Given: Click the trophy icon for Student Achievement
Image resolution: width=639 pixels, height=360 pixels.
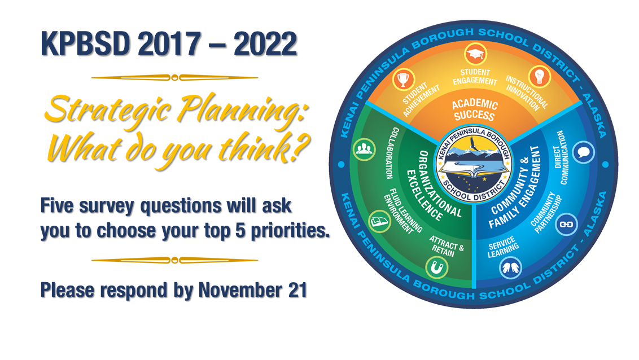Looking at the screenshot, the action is pyautogui.click(x=404, y=79).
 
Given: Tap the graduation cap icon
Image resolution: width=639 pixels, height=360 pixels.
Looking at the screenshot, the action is pyautogui.click(x=475, y=54).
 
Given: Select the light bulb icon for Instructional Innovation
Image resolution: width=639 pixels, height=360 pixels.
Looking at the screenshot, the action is pyautogui.click(x=540, y=77).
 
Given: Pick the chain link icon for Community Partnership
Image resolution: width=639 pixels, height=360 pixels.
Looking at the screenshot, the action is pyautogui.click(x=566, y=225).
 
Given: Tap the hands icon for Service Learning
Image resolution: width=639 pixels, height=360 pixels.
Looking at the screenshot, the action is pyautogui.click(x=511, y=267).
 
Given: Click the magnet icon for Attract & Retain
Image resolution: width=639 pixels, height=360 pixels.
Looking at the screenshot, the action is pyautogui.click(x=437, y=267).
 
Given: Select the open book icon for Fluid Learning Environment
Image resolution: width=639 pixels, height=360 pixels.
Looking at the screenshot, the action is pyautogui.click(x=380, y=222).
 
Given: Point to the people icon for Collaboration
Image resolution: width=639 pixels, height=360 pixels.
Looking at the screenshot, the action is pyautogui.click(x=364, y=150).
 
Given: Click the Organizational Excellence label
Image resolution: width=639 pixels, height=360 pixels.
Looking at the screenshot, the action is pyautogui.click(x=435, y=185).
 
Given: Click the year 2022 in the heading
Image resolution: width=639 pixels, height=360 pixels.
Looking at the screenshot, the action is pyautogui.click(x=265, y=43).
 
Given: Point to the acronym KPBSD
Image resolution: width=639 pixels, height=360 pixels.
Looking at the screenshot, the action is pyautogui.click(x=85, y=43).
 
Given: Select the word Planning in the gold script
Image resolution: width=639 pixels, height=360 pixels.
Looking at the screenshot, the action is pyautogui.click(x=241, y=111).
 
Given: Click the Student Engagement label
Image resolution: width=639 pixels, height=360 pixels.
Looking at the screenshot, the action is pyautogui.click(x=475, y=77).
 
